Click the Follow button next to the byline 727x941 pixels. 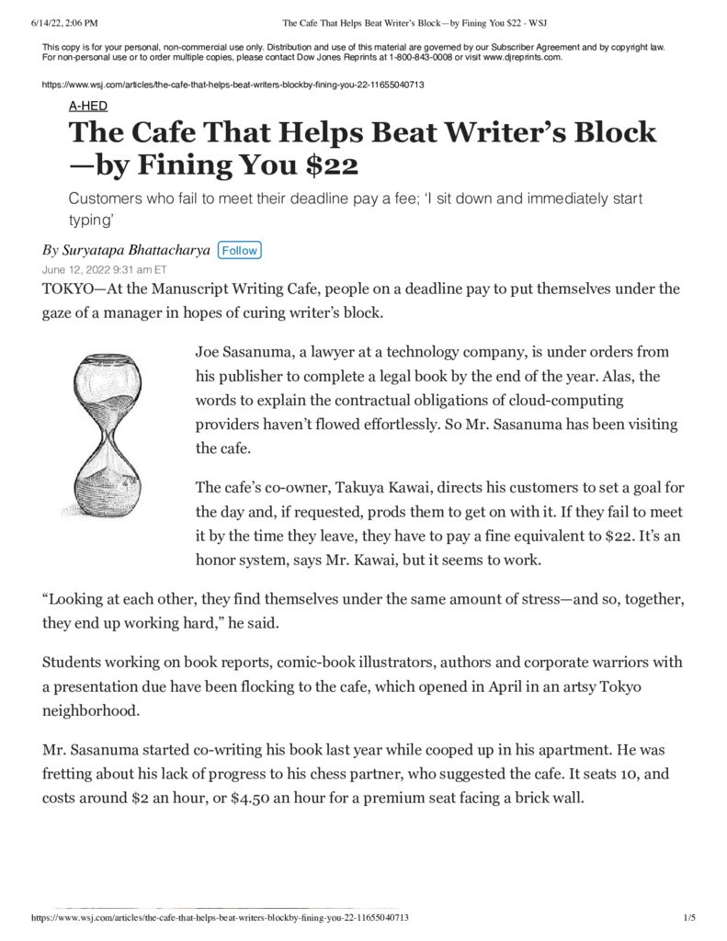pyautogui.click(x=240, y=250)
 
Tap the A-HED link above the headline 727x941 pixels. pyautogui.click(x=88, y=106)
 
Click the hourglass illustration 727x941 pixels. pyautogui.click(x=107, y=436)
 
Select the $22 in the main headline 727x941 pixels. pyautogui.click(x=326, y=166)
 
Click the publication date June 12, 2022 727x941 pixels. pyautogui.click(x=105, y=270)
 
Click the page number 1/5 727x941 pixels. pyautogui.click(x=689, y=918)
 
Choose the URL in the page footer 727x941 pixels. pyautogui.click(x=221, y=918)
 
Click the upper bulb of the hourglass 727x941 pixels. pyautogui.click(x=108, y=384)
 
